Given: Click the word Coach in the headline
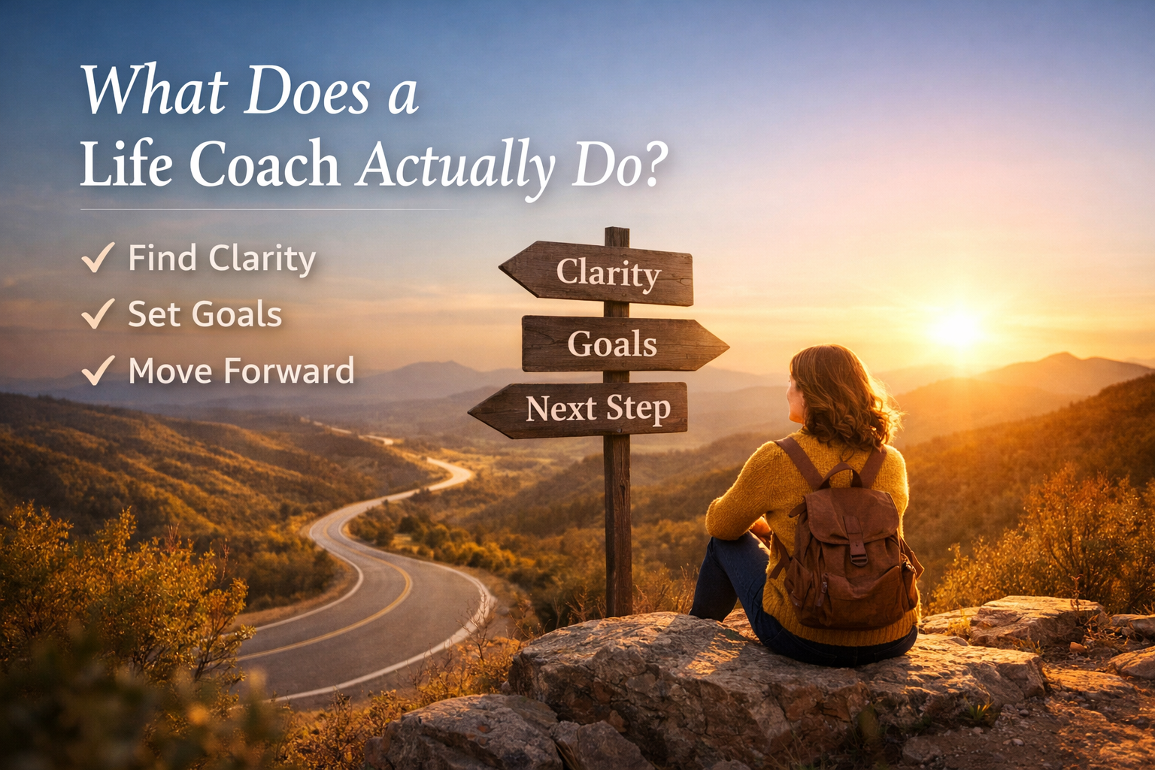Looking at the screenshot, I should (265, 165).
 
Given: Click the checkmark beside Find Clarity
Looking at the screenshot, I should (98, 258).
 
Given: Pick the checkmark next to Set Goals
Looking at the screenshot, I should (98, 314).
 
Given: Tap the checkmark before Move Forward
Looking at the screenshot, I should (98, 370).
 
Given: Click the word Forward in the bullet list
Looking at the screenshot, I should (289, 371).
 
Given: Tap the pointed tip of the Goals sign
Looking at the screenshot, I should (723, 347).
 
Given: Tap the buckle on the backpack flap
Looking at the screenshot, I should (857, 558).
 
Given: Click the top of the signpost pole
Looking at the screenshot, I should (617, 232).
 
